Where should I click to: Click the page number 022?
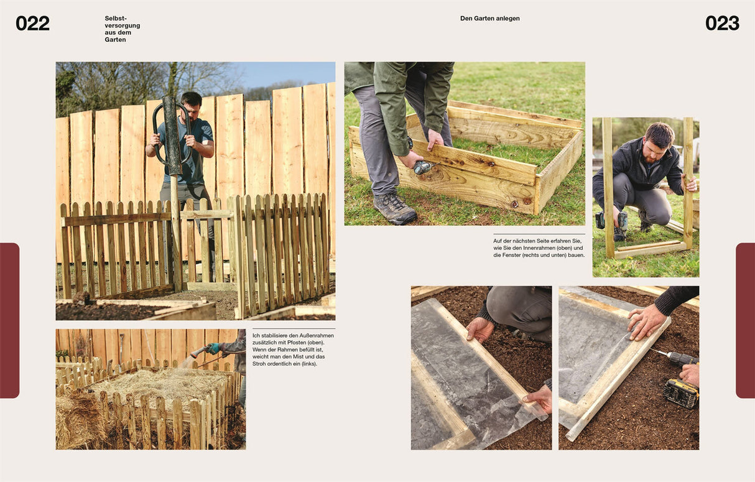(x=33, y=24)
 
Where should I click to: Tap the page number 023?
(x=722, y=24)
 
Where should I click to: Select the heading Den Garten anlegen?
(x=489, y=19)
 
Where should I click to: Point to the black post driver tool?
(x=172, y=135)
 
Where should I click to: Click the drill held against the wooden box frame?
(x=424, y=167)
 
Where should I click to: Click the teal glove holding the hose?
(x=213, y=348)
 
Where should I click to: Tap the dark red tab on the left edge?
(x=9, y=320)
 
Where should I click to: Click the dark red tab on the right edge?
(x=745, y=320)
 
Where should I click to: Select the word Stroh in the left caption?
(x=259, y=364)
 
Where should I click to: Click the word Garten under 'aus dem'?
(x=115, y=39)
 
